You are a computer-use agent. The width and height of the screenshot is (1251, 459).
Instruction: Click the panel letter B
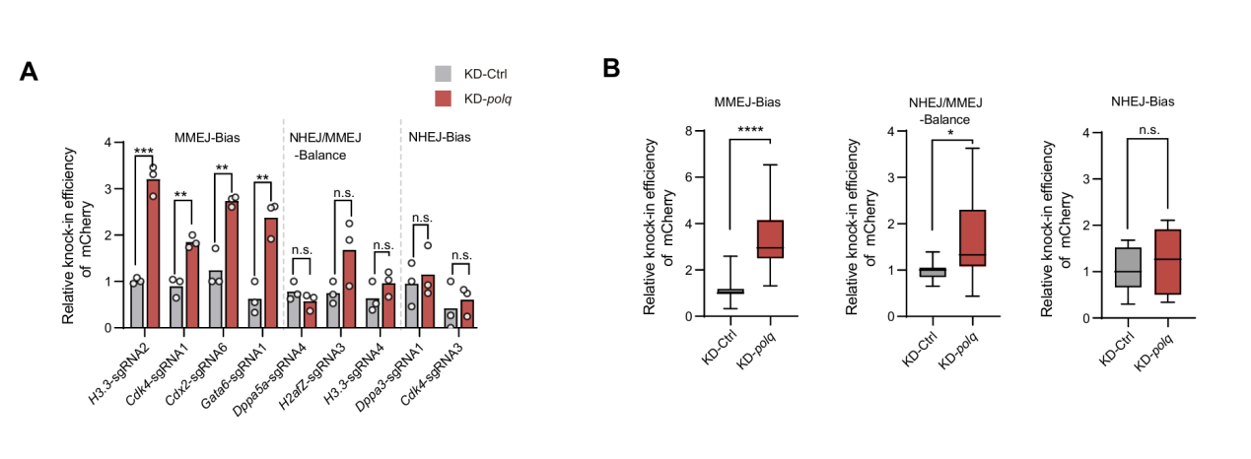(611, 68)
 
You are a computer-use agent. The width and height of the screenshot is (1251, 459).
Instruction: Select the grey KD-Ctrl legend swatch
(444, 73)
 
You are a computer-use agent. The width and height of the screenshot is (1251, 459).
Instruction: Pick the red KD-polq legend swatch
(444, 98)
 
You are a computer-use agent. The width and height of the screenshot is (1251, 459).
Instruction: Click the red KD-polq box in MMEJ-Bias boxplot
(770, 239)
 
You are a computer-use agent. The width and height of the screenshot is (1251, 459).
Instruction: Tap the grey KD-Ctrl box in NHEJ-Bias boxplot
(1121, 268)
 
